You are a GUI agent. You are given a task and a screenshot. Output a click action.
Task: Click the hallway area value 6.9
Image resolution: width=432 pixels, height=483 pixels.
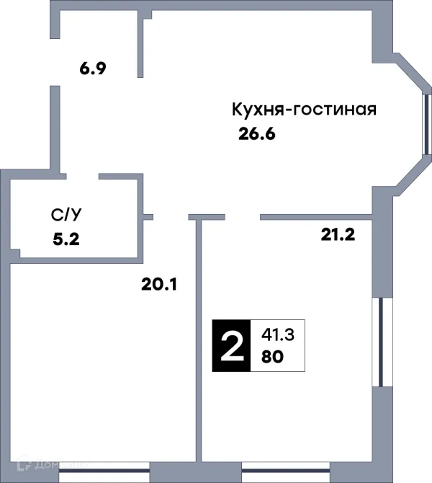(93, 71)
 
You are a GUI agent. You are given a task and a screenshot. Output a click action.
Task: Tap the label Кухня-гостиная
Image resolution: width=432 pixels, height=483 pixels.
(304, 110)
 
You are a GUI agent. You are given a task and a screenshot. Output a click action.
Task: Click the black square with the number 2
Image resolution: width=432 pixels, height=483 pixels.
(230, 345)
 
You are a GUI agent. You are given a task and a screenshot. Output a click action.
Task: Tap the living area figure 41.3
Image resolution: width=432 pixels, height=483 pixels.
(272, 334)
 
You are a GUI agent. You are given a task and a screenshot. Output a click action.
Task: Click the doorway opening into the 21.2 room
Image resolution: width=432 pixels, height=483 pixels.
(242, 216)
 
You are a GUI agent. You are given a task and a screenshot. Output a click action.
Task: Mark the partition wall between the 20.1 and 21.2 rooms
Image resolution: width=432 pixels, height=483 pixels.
(199, 339)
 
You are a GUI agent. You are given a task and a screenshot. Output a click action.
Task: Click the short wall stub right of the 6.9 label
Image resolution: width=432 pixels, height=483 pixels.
(143, 46)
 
